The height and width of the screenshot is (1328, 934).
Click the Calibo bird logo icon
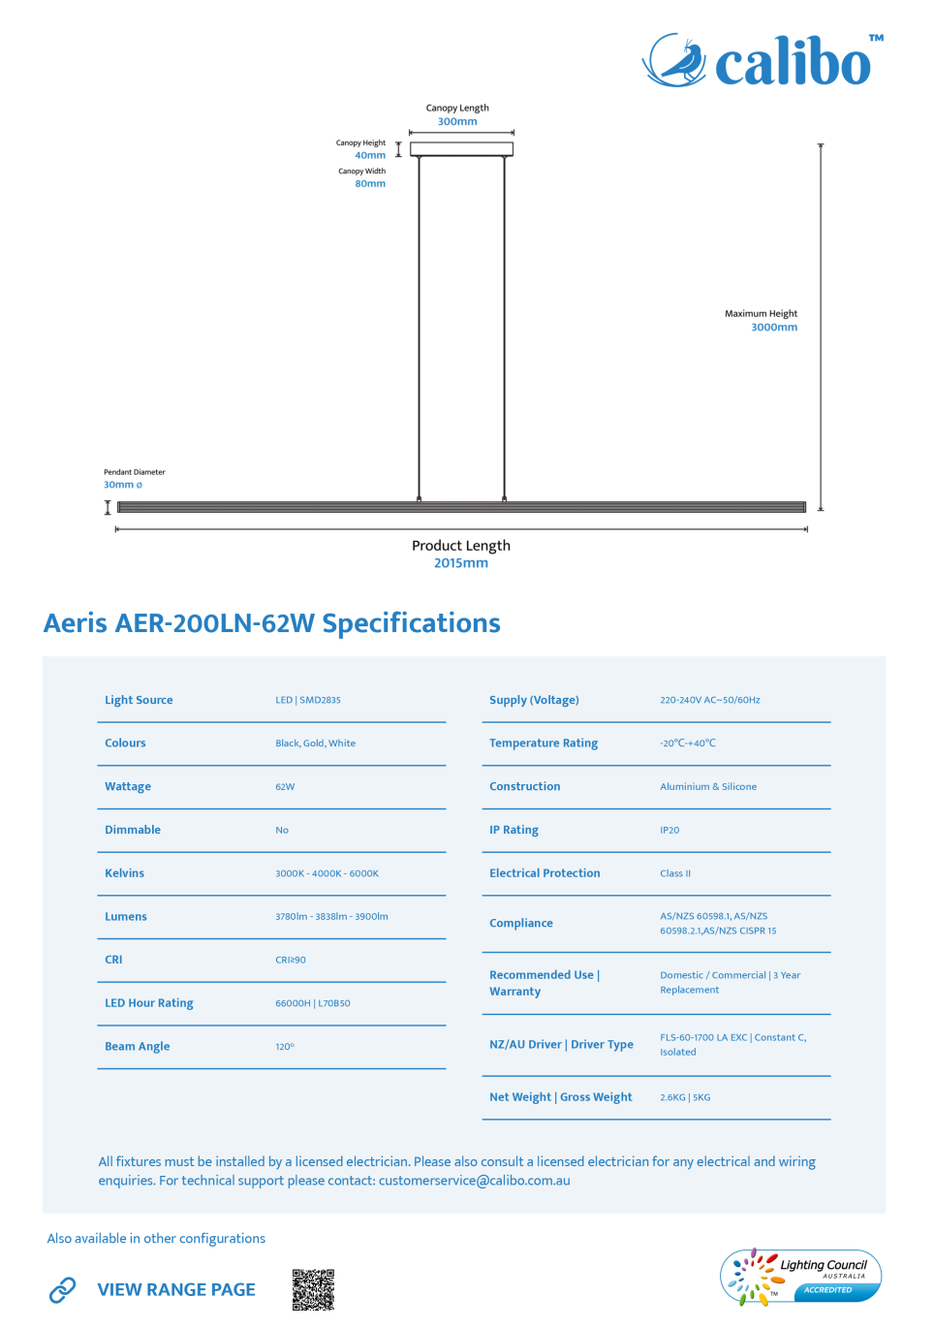674,60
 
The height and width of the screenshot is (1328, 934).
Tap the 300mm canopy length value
457,121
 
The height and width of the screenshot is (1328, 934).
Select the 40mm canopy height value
370,155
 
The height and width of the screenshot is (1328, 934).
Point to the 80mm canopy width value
370,184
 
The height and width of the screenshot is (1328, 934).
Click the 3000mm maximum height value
774,328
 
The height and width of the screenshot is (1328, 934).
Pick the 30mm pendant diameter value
123,485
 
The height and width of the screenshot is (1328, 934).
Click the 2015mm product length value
461,563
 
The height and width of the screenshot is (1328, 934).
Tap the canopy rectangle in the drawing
461,149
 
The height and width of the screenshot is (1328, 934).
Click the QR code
314,1290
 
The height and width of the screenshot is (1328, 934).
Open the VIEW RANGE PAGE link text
176,1290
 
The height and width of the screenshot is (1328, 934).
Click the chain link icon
62,1290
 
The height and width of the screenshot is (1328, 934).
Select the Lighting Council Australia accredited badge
800,1277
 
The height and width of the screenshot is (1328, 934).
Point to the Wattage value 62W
285,787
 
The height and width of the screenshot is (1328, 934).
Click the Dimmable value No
282,830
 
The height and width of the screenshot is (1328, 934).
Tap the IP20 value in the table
669,830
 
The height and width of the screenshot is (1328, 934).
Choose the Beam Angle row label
138,1046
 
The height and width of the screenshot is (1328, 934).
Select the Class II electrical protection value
675,873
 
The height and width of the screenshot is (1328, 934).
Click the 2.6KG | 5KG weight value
685,1097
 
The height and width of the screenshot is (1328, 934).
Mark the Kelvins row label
124,873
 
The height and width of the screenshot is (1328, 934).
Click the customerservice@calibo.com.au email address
475,1181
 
